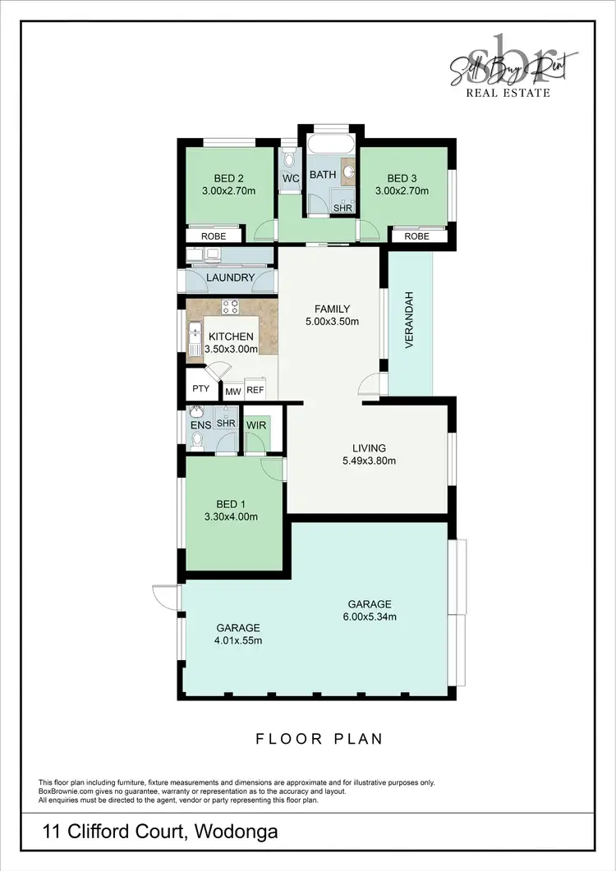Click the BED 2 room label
tap(229, 178)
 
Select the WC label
tap(290, 179)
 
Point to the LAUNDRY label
tap(230, 277)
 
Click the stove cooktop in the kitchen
tap(231, 308)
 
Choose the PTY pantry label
tap(200, 389)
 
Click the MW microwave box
tap(232, 392)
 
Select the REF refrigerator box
tap(255, 392)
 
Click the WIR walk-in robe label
tap(257, 424)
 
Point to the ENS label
tap(201, 424)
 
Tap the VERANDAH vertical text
tap(408, 320)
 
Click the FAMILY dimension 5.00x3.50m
tap(332, 322)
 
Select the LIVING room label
tap(369, 448)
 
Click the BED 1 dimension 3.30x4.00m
tap(231, 517)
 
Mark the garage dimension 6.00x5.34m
tap(369, 617)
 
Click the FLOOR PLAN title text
tap(319, 739)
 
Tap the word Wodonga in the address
tap(237, 832)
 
